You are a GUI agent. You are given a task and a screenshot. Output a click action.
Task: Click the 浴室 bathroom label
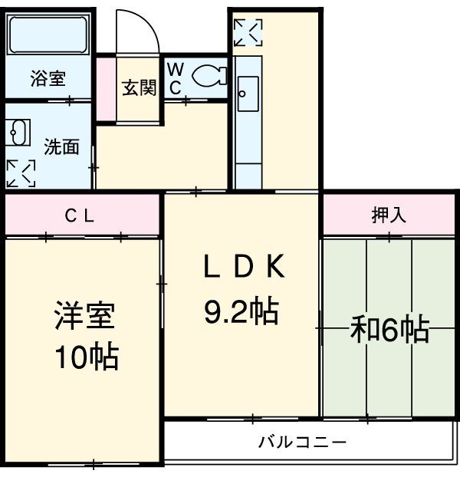point(47,78)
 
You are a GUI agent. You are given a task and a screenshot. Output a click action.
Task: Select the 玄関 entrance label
point(139,87)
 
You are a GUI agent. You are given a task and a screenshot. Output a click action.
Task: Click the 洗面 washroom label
point(61,146)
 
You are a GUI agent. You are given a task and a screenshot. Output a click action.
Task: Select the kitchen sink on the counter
point(246,94)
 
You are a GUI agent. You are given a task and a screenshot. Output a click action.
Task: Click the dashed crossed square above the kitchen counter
point(248,32)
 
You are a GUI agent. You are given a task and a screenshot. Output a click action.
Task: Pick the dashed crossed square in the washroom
point(21,173)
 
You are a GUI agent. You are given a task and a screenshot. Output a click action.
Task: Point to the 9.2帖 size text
point(240,311)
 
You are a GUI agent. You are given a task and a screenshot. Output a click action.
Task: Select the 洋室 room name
point(84,317)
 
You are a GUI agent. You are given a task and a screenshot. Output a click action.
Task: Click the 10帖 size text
point(84,357)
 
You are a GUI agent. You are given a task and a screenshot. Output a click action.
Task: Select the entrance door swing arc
point(143,31)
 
